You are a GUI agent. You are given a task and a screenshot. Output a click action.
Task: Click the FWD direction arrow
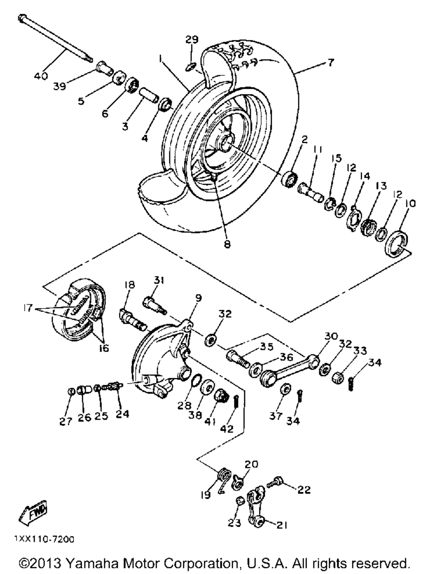coord(33,509)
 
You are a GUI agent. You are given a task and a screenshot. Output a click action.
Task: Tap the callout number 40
coord(41,76)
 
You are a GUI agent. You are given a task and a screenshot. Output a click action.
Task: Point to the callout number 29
coord(192,40)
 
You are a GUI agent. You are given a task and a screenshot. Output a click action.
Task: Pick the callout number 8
coord(227,244)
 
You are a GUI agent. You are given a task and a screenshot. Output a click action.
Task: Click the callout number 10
coord(410,204)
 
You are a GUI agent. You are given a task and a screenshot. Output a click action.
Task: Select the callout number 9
coord(198,298)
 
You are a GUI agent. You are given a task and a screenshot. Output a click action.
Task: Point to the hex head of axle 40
coord(22,18)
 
